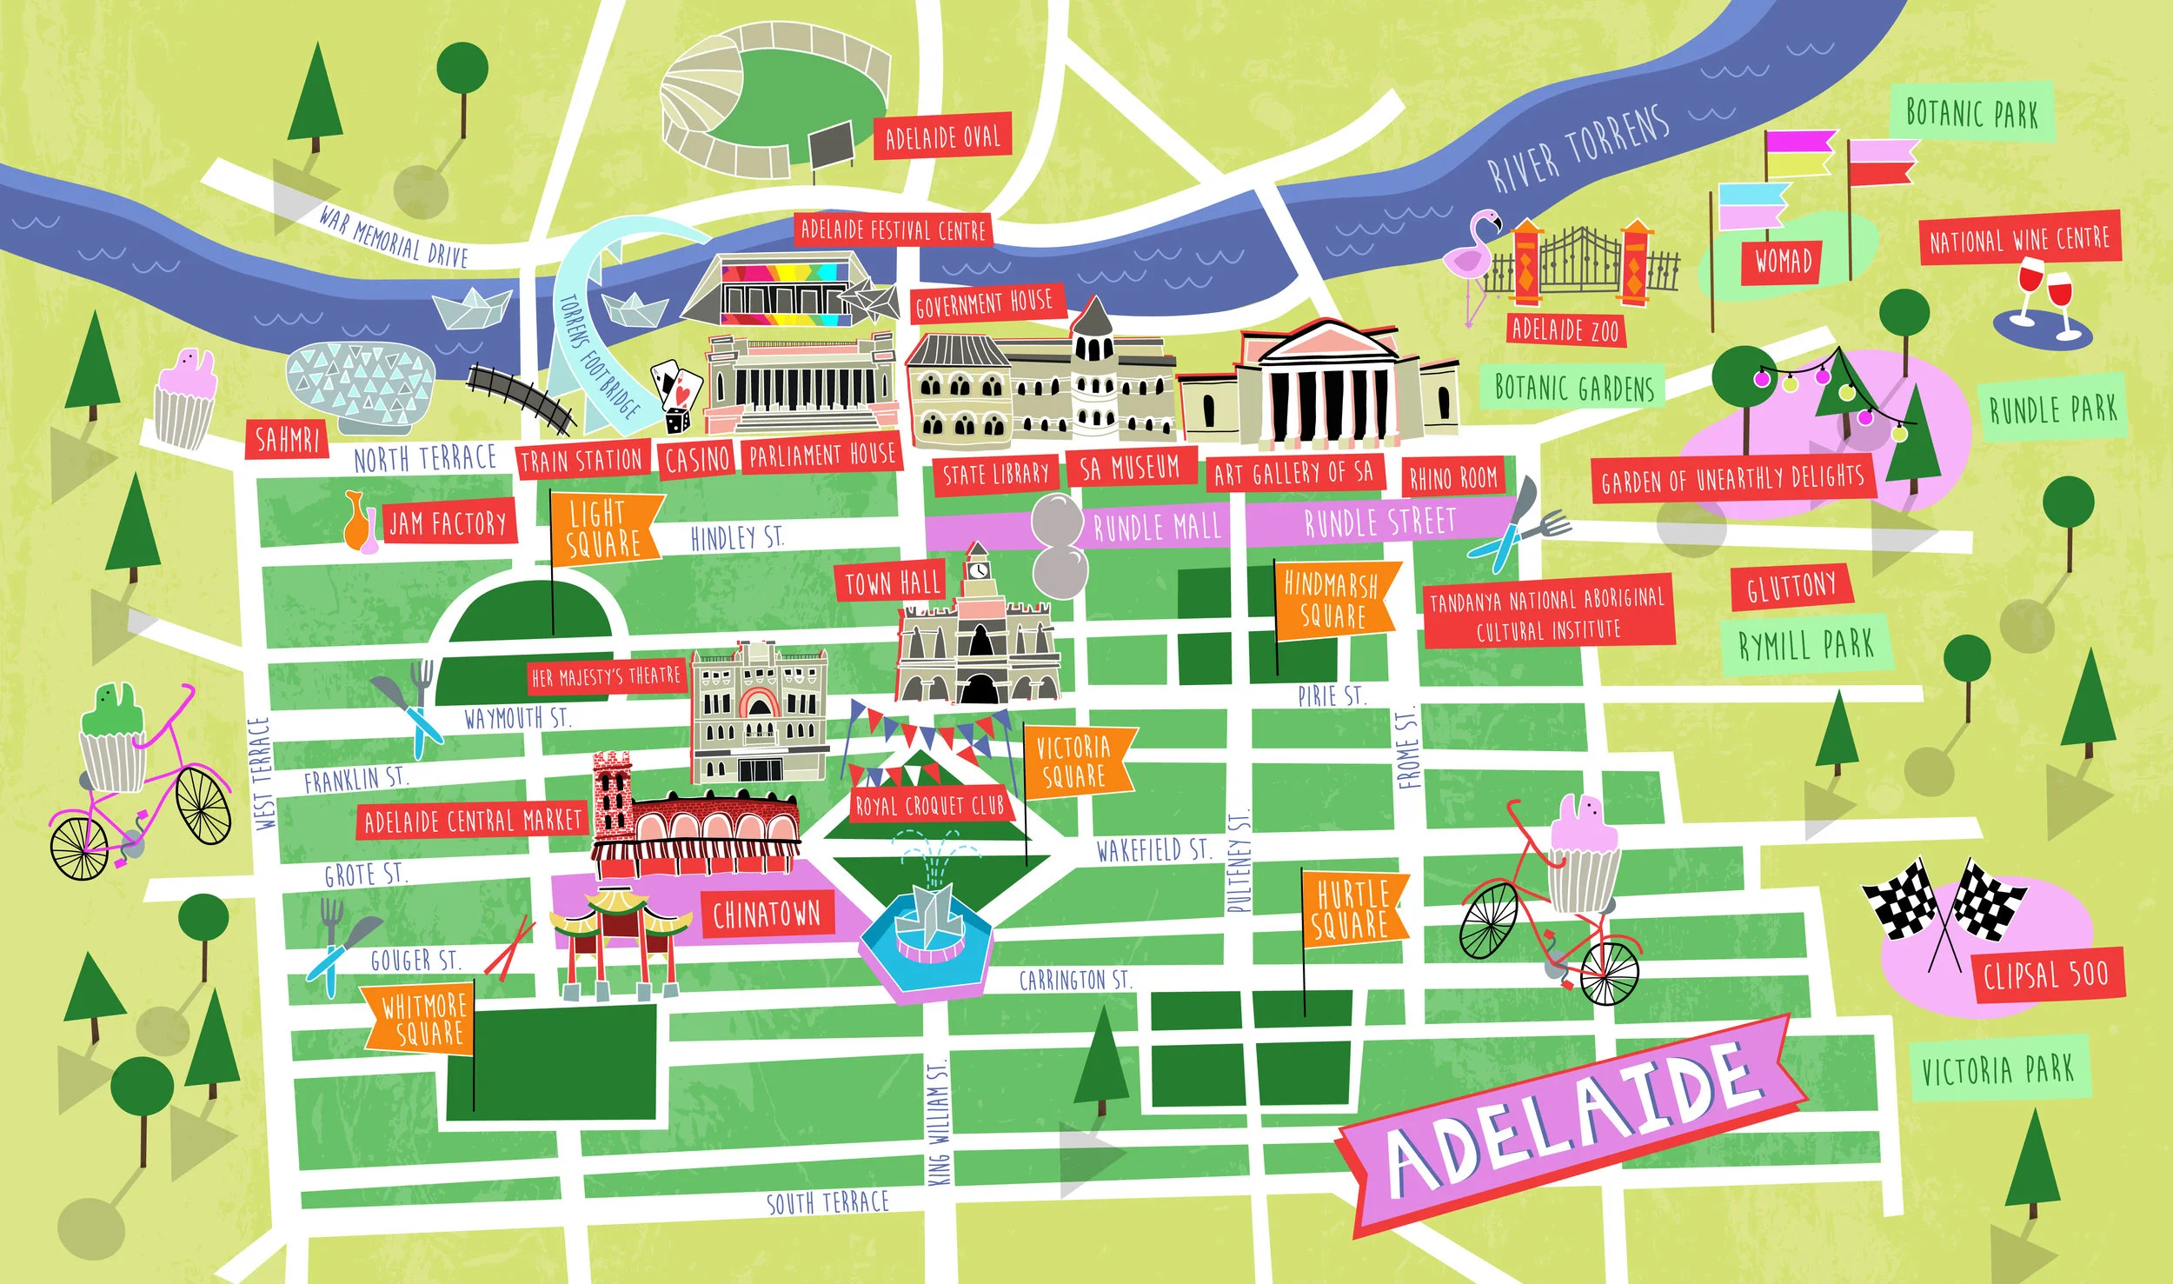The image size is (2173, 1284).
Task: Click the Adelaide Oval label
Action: (942, 136)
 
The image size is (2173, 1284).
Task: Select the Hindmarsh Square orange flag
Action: (1334, 599)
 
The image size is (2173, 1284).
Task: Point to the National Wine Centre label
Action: (2018, 238)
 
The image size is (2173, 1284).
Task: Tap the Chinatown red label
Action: (766, 914)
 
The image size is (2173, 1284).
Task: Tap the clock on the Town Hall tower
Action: (979, 570)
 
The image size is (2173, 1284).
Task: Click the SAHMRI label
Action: (288, 439)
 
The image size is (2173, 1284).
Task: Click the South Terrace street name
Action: (827, 1202)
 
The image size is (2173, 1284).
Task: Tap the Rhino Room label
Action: (1452, 476)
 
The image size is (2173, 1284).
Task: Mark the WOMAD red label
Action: (1783, 260)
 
